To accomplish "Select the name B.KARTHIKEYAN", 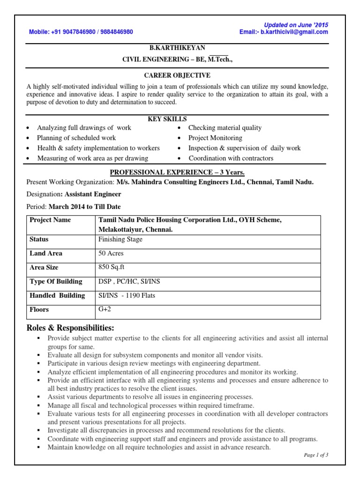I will (177, 48).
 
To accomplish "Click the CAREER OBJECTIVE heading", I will (177, 75).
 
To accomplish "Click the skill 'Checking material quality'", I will (225, 127).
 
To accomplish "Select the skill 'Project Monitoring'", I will (215, 138).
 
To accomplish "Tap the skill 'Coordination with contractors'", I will (231, 158).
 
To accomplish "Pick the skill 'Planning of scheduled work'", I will (76, 138).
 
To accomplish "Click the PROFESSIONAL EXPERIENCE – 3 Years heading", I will (177, 172).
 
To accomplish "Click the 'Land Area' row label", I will (46, 253).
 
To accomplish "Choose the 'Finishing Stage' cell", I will (120, 239).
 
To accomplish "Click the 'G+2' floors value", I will (104, 309).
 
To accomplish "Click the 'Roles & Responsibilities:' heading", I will (70, 327).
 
